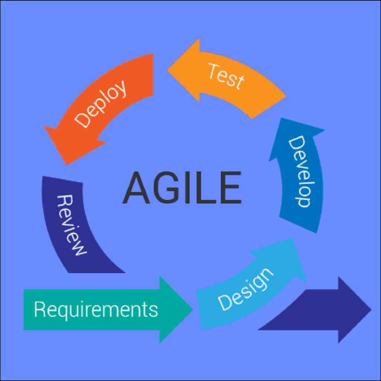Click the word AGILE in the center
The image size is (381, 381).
click(x=182, y=187)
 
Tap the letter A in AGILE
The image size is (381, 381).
click(x=136, y=188)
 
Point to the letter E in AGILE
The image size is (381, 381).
click(x=231, y=188)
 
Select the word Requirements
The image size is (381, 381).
click(x=96, y=310)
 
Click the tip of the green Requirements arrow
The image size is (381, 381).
click(x=193, y=310)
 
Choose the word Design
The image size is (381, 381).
click(x=246, y=289)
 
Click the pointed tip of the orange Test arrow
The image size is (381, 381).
click(x=167, y=70)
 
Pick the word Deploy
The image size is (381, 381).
click(x=100, y=104)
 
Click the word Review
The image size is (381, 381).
click(x=71, y=225)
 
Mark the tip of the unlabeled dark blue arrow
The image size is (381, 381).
click(x=372, y=310)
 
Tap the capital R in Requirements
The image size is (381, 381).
click(x=40, y=309)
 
